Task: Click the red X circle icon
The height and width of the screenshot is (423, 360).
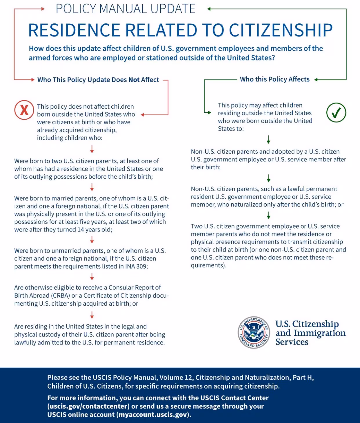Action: [x=24, y=110]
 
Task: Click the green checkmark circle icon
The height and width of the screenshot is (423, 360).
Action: [x=336, y=112]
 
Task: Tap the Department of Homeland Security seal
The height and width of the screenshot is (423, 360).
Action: [x=254, y=332]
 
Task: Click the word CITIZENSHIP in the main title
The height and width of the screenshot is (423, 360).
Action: [x=281, y=30]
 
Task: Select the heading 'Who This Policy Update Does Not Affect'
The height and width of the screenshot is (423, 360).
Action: [x=98, y=80]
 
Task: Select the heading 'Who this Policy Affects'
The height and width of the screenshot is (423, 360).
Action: [x=274, y=79]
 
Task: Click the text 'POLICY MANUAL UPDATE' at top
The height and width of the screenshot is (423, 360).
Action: [x=126, y=9]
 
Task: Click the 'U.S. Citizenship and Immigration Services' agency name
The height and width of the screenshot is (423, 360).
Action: [x=310, y=333]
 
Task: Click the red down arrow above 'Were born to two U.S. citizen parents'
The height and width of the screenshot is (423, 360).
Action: [x=92, y=149]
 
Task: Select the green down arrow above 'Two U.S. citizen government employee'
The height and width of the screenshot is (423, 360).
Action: [x=268, y=215]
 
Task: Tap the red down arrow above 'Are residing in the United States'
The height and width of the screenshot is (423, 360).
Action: [x=92, y=315]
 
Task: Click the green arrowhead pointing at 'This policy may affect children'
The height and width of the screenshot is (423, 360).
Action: [x=209, y=112]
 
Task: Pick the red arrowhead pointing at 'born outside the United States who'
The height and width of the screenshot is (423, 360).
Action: [x=142, y=115]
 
